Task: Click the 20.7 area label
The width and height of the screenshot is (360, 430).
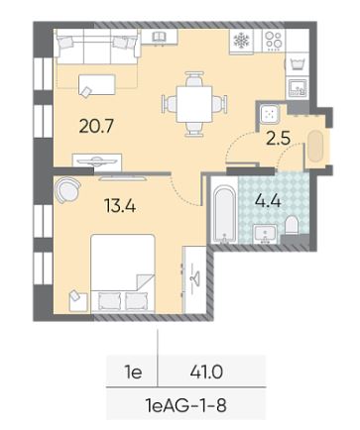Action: point(96,126)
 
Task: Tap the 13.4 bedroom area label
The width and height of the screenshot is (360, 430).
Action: point(120,206)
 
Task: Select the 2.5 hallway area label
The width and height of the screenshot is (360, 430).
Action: point(279,139)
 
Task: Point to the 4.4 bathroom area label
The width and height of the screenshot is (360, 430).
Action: point(268,200)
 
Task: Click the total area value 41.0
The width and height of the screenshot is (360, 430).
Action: point(206,373)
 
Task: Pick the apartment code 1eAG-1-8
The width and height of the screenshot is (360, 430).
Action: point(185,405)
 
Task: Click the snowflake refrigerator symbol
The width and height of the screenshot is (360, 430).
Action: point(242,41)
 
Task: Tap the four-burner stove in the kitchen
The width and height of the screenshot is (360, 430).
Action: point(274,41)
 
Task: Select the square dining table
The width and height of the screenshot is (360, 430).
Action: point(194,104)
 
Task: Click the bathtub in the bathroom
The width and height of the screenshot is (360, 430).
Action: point(224,213)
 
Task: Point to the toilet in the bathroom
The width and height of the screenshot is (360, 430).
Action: point(292,225)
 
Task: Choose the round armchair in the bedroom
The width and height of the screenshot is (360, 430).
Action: point(67,189)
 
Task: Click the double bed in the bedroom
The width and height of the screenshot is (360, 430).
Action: point(123,273)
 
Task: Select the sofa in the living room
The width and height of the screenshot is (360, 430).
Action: point(97,47)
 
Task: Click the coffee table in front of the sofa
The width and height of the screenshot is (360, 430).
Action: point(97,85)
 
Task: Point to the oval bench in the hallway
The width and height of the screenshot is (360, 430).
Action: point(315,147)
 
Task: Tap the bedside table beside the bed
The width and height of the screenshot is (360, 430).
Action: point(78,301)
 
